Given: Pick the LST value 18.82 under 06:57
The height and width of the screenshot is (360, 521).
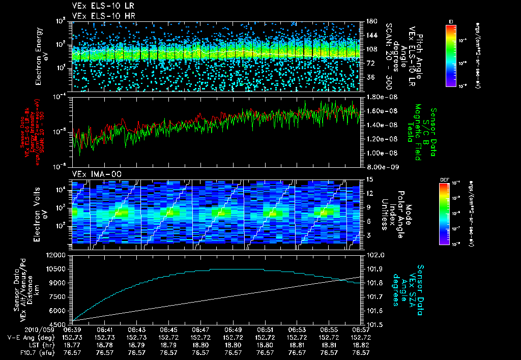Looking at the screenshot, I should (x=361, y=345).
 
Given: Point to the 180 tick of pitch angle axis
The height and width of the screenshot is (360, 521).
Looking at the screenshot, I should (x=370, y=21).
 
